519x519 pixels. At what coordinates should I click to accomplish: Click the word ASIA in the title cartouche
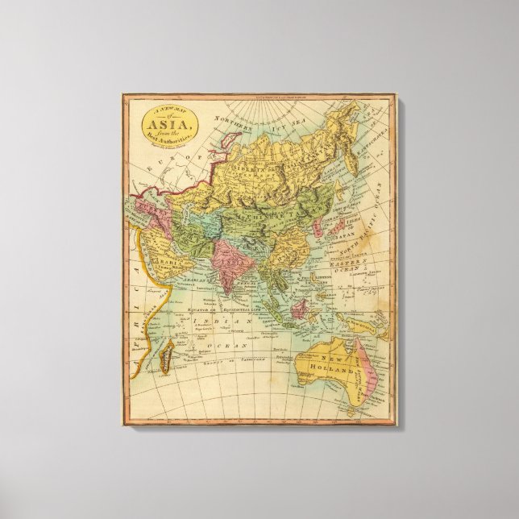pos(168,123)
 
